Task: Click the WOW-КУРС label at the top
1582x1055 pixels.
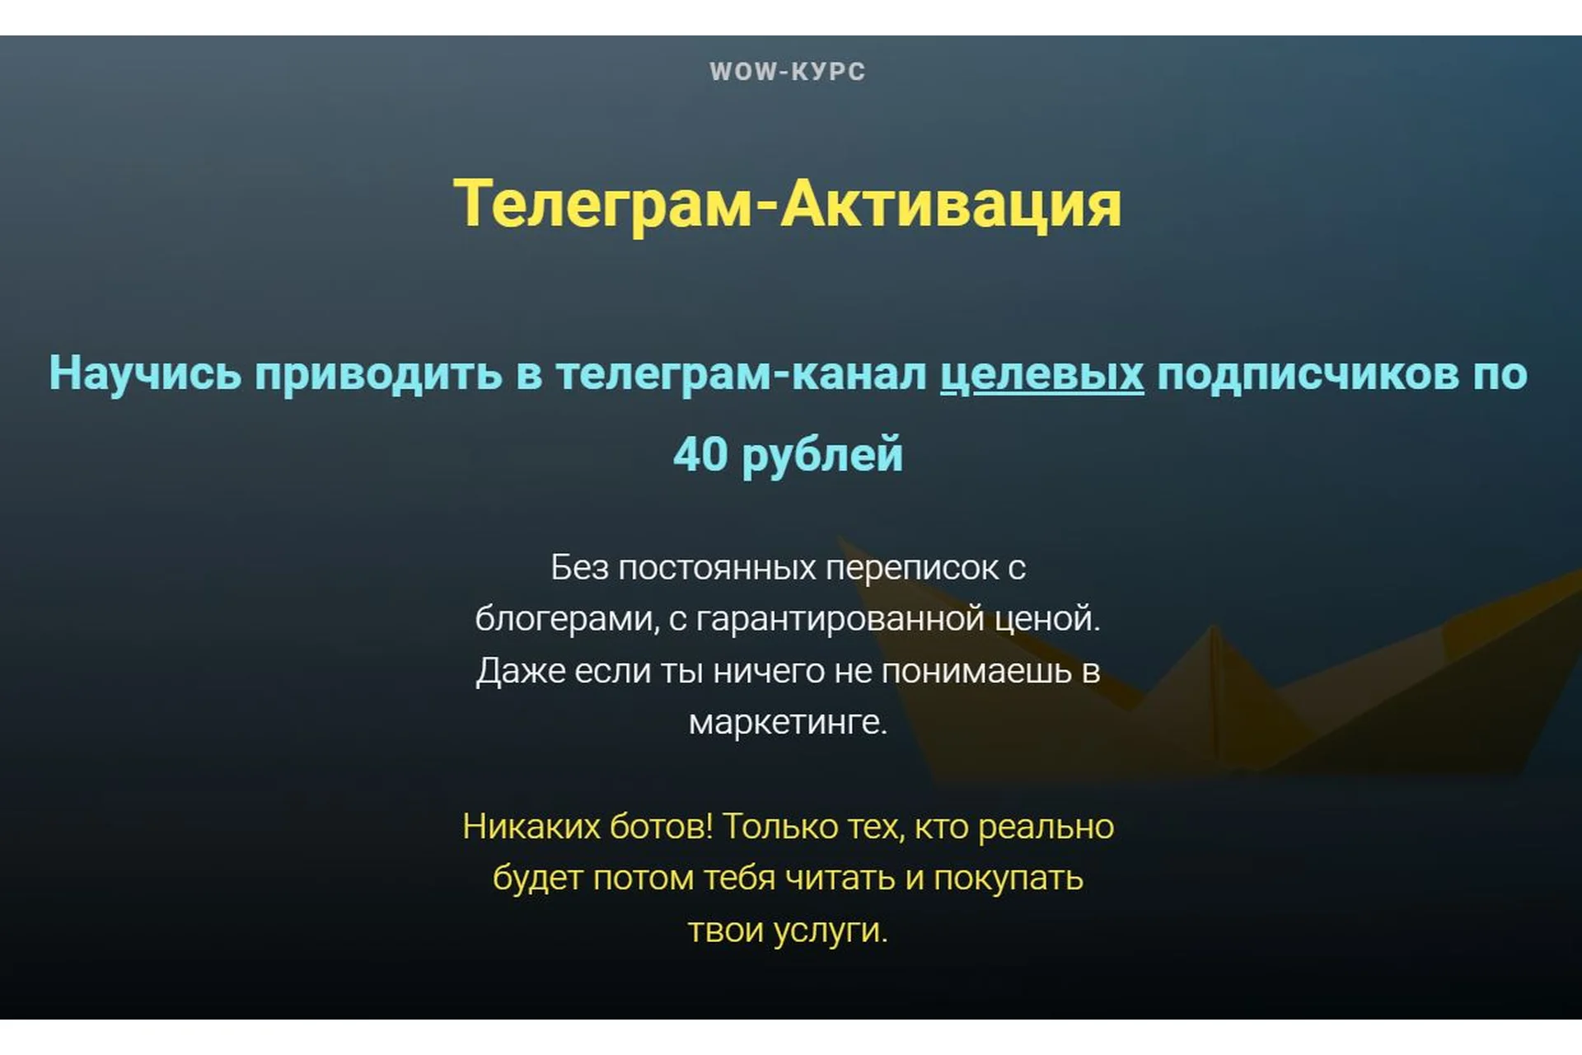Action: (787, 72)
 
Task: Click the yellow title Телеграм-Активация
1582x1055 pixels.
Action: (787, 204)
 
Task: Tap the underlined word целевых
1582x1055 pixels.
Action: (1041, 373)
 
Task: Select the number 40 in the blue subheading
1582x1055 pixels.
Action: (700, 454)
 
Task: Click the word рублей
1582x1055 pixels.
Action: (822, 456)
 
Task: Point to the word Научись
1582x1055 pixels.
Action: (145, 373)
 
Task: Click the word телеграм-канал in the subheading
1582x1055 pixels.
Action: (742, 373)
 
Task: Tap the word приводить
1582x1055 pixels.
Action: (378, 373)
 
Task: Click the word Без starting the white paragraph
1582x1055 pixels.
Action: (579, 568)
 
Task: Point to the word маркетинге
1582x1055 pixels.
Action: (787, 722)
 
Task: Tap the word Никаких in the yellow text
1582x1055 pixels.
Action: (531, 827)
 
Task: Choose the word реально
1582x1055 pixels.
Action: (1046, 827)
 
